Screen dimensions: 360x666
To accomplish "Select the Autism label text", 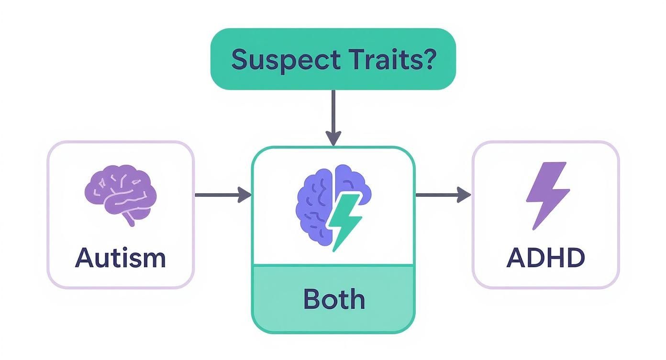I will point(121,258).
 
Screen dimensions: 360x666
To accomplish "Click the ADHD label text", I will point(545,258).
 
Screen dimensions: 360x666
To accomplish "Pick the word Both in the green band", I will point(334,299).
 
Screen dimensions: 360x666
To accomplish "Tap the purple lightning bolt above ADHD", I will point(547,194).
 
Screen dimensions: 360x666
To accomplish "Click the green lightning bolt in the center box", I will point(344,221).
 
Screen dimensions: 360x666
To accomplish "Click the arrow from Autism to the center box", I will point(222,194).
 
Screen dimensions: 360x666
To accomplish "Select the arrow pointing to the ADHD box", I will point(443,194).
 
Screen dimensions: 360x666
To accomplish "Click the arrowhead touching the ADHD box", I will point(465,194).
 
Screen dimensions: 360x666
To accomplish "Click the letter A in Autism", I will point(84,258).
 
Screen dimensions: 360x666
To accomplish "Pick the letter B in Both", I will point(312,299).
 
